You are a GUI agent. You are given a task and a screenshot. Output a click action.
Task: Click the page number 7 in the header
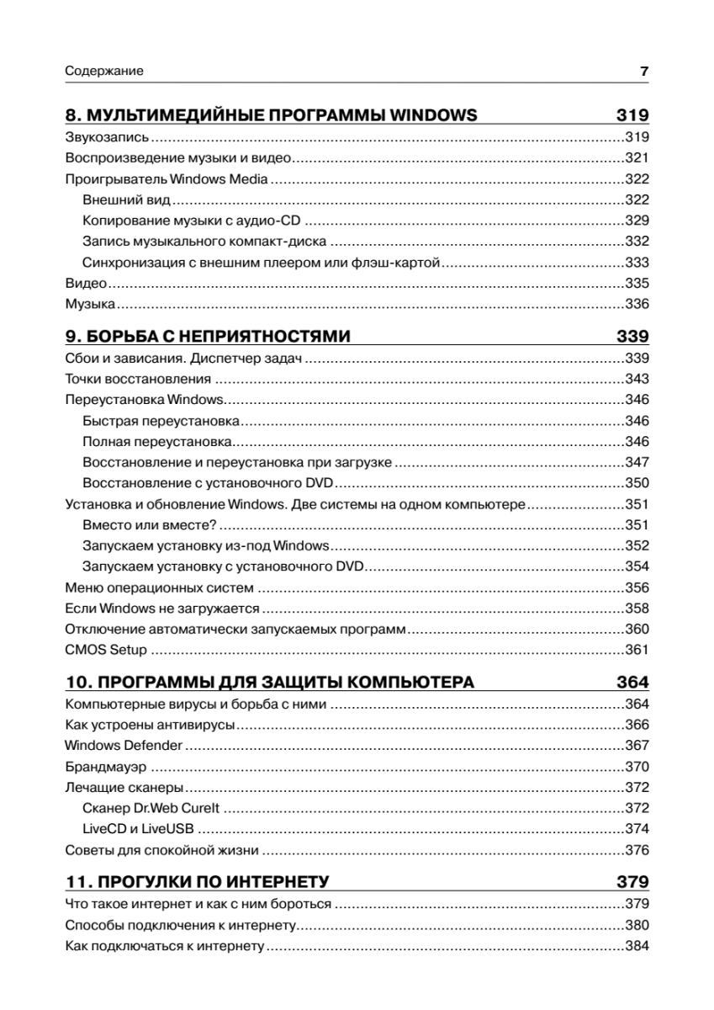click(644, 72)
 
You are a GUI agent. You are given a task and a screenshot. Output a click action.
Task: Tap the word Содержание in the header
click(104, 72)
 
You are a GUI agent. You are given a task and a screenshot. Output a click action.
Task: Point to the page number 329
click(637, 221)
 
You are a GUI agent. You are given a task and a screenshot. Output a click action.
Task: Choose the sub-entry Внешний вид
click(127, 200)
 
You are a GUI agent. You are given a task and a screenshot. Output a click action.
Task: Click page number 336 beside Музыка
click(637, 304)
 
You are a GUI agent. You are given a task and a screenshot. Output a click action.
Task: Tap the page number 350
click(637, 484)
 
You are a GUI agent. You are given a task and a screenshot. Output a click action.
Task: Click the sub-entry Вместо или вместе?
click(150, 525)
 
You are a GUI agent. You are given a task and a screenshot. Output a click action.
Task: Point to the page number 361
click(637, 650)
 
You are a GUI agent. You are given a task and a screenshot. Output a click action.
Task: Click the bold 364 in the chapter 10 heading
click(632, 683)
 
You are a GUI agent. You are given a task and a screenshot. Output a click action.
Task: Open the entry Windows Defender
click(123, 746)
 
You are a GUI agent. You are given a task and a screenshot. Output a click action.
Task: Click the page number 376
click(637, 850)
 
